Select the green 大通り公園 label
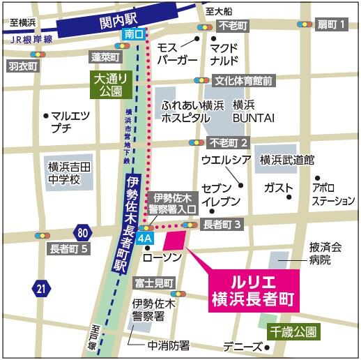click(x=107, y=84)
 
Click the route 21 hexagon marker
click(x=43, y=286)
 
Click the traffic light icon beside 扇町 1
click(x=306, y=24)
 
